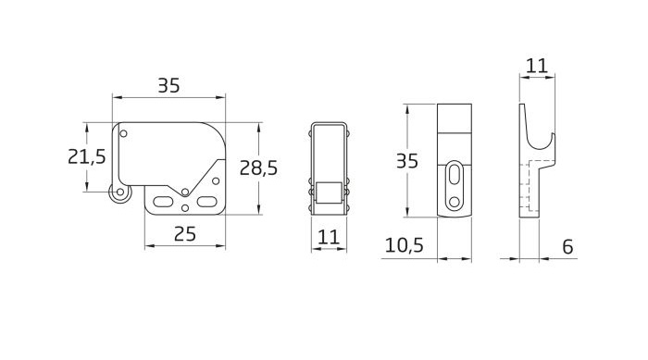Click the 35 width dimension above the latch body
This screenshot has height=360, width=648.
pos(169,85)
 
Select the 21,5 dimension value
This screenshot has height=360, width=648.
pos(87,156)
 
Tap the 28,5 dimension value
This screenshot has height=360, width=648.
pos(258,168)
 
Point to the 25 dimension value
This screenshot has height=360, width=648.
pos(185,234)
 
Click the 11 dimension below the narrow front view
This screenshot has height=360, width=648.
pos(329,237)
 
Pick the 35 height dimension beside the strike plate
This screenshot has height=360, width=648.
pos(407,161)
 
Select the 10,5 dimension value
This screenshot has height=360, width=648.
pos(405,245)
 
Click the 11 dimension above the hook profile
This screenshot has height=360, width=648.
pos(537,66)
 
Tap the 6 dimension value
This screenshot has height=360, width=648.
pos(567,247)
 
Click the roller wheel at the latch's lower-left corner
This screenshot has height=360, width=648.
pos(119,192)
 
